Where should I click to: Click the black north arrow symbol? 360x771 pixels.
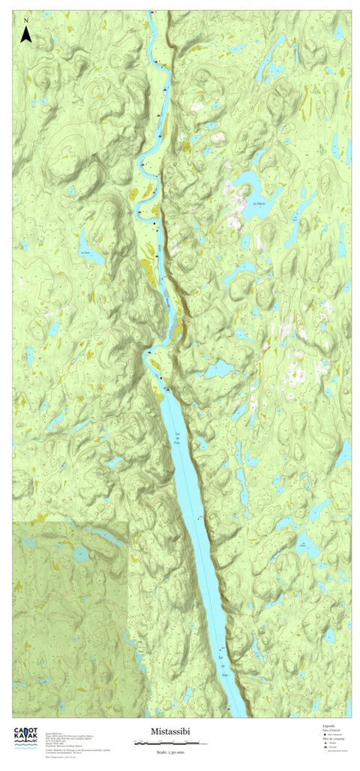(26, 34)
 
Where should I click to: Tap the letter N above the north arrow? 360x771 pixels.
(26, 19)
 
